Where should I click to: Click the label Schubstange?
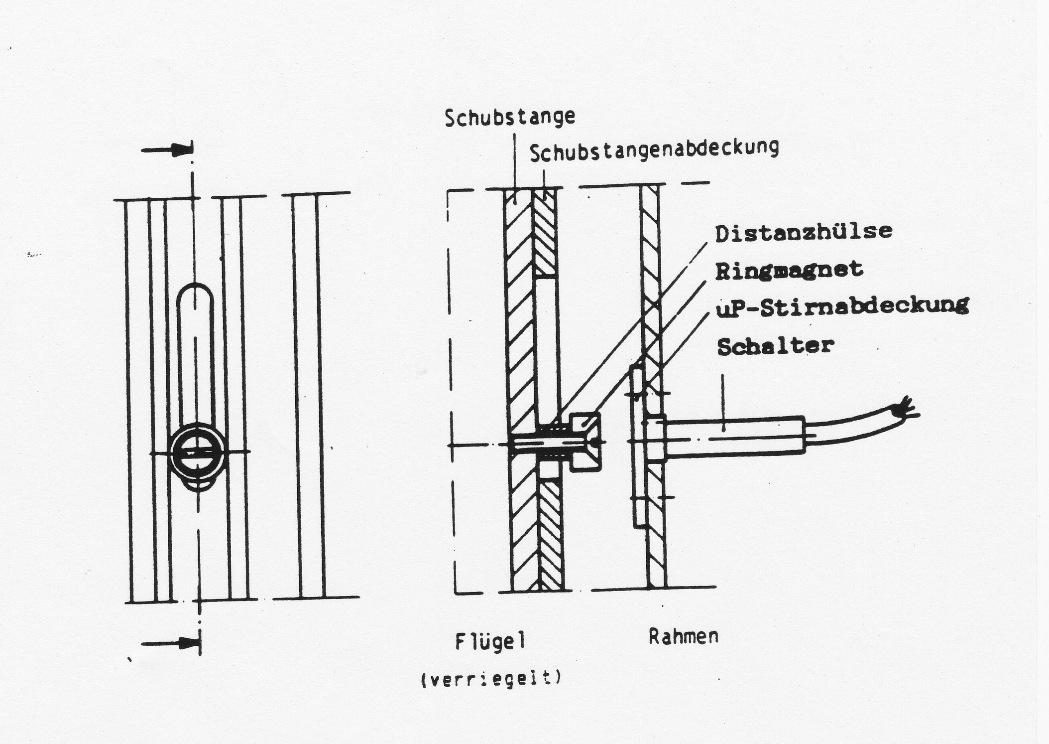tap(509, 118)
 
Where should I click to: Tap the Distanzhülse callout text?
tap(803, 232)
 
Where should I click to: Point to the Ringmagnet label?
tap(789, 270)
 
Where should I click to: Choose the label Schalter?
tap(775, 346)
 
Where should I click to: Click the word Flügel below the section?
tap(490, 641)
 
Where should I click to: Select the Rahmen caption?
tap(683, 637)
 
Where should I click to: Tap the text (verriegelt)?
tap(491, 679)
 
